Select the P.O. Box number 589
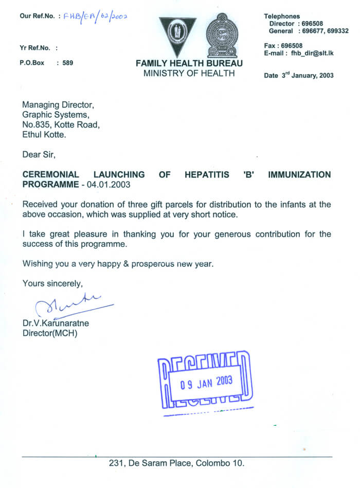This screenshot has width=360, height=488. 67,63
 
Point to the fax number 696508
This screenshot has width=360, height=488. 292,45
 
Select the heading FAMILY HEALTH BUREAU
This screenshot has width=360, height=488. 189,63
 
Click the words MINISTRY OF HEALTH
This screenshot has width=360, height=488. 189,74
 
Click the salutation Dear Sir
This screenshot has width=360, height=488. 39,154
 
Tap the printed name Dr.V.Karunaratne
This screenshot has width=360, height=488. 56,323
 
